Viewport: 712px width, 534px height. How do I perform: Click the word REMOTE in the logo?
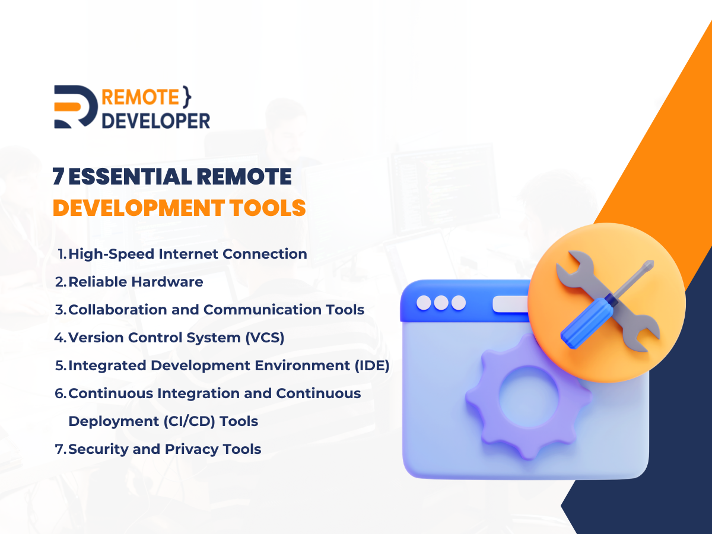[140, 97]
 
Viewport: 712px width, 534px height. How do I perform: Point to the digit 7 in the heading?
[58, 177]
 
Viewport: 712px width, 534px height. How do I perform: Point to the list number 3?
[59, 310]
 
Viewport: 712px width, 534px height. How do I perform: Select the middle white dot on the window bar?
[441, 303]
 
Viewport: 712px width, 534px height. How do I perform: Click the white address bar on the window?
[510, 304]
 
